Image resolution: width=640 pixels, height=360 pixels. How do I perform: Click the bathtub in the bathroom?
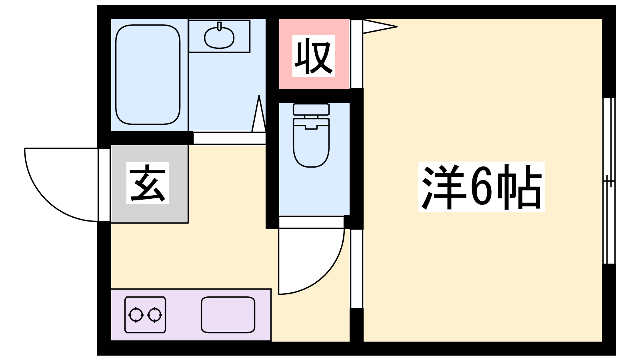point(148,74)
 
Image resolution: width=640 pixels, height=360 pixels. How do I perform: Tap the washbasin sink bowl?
point(219,38)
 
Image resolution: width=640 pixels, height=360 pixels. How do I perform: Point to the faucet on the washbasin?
point(220,26)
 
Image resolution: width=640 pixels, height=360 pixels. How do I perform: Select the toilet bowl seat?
point(311,142)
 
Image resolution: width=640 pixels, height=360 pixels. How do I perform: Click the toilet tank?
point(311,109)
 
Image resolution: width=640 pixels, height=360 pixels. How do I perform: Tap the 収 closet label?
point(314,56)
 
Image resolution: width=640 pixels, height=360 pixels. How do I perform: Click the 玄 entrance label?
point(148,183)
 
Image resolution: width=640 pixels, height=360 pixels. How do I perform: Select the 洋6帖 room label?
point(482,186)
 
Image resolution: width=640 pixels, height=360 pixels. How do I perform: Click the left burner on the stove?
point(136,315)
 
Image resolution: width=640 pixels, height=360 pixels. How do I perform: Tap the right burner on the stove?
point(154,315)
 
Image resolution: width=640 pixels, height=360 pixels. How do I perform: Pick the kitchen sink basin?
point(228,315)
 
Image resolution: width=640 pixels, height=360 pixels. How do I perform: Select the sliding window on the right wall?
point(609,181)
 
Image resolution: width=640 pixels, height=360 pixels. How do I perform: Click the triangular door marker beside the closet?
point(380,26)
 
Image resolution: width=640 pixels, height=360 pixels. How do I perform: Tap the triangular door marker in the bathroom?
point(259,114)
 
